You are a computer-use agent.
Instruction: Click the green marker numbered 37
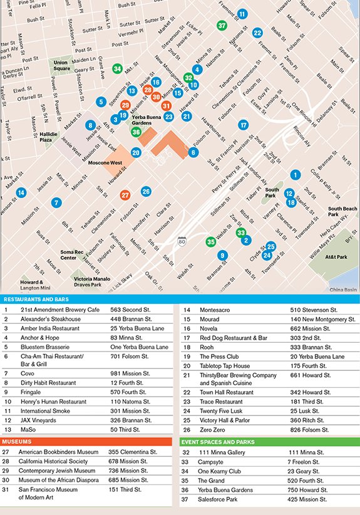click(x=222, y=26)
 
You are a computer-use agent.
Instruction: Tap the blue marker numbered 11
click(x=242, y=14)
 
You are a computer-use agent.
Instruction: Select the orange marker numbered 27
click(x=125, y=195)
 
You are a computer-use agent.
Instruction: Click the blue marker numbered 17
click(x=243, y=125)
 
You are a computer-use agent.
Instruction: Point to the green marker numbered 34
click(x=117, y=68)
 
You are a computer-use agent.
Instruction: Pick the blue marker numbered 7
click(x=56, y=202)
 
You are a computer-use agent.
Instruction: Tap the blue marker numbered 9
click(x=222, y=255)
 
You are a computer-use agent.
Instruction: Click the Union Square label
click(x=61, y=65)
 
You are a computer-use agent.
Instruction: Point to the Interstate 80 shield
click(x=182, y=240)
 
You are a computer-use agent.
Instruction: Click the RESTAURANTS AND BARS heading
click(x=34, y=299)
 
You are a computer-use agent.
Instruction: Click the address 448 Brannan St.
click(x=128, y=318)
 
